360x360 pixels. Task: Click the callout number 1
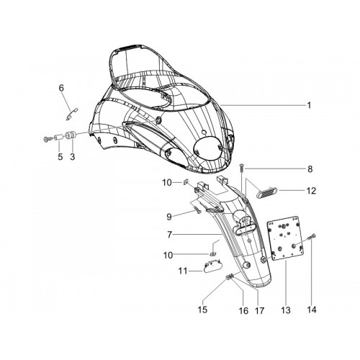click(309, 105)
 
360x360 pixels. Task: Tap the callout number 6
click(61, 88)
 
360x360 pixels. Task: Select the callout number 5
click(60, 157)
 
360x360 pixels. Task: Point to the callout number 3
click(72, 157)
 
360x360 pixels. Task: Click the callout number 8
click(310, 169)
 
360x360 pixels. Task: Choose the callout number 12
click(311, 191)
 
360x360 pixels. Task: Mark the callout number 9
click(169, 217)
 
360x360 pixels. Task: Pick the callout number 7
click(170, 235)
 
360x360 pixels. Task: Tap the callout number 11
click(183, 271)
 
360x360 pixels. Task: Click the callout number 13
click(286, 310)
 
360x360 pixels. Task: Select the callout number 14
click(312, 310)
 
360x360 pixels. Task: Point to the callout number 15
click(202, 310)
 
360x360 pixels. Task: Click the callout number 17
click(259, 311)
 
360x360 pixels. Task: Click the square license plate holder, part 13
click(285, 238)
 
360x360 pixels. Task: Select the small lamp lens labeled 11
click(212, 266)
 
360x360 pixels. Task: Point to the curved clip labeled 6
click(72, 114)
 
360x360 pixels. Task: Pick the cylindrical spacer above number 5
click(59, 138)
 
